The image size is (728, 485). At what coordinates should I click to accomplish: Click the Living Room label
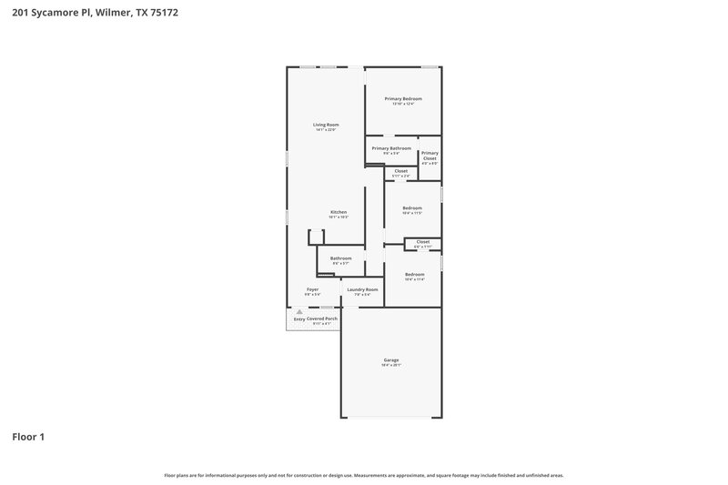[326, 124]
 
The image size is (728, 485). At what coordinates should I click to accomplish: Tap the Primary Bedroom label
[402, 98]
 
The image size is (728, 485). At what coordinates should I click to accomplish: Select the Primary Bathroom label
[391, 147]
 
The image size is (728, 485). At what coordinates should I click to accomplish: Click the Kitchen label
[339, 212]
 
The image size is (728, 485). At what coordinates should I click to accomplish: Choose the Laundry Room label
[362, 289]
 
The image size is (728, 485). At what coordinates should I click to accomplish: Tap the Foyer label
[312, 289]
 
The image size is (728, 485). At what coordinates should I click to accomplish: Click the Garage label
[390, 359]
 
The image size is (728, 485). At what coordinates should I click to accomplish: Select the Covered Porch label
[322, 318]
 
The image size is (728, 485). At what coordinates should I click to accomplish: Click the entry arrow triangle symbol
[298, 311]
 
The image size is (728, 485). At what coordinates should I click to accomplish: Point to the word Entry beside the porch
[298, 319]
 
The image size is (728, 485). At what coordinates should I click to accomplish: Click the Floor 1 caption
[28, 437]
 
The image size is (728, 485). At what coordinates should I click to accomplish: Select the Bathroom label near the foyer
[340, 258]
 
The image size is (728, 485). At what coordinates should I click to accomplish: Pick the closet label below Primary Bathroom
[400, 170]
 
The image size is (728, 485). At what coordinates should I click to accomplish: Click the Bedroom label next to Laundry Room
[414, 274]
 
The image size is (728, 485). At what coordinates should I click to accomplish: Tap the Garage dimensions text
[390, 365]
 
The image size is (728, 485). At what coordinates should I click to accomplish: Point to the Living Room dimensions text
[326, 130]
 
